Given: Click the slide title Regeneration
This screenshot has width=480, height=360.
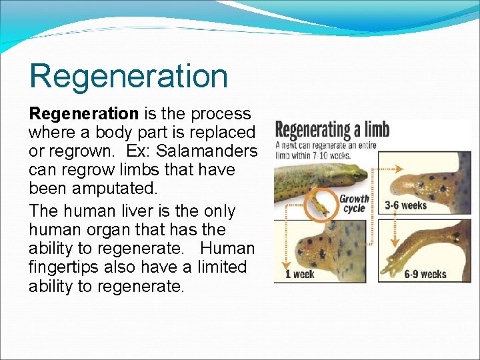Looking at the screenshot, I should [128, 75].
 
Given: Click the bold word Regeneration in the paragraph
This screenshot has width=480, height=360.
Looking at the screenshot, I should [83, 114].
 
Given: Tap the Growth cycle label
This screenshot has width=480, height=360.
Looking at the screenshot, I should [354, 204].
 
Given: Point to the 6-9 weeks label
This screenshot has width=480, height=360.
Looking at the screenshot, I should [425, 274].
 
